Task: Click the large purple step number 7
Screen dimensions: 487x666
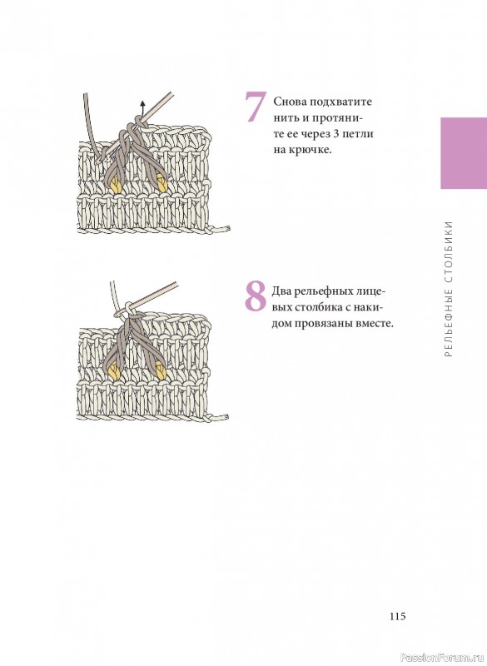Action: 256,107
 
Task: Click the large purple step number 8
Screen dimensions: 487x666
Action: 256,296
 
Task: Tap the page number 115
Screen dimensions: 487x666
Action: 397,616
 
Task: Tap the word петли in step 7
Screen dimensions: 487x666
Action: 359,134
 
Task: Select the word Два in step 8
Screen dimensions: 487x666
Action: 281,292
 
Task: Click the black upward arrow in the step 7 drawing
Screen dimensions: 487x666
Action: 142,112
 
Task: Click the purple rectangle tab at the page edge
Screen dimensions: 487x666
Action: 464,153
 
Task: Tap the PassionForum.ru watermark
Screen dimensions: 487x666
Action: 441,658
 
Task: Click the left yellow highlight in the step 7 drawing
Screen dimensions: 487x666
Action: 116,185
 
